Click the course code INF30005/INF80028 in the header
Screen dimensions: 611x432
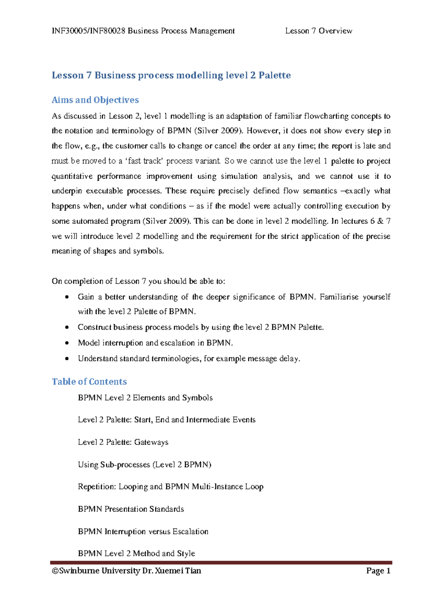[x=89, y=31]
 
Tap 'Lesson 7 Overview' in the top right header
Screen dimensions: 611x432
[x=319, y=31]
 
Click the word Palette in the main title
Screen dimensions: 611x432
[x=275, y=75]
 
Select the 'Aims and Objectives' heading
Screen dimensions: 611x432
[x=95, y=100]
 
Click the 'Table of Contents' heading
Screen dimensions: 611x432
[x=89, y=382]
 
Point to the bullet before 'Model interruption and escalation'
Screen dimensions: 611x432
[x=67, y=343]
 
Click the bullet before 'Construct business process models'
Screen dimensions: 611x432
[x=67, y=327]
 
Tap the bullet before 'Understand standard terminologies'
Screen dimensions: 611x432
[x=67, y=359]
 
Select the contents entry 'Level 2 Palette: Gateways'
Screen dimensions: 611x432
[x=123, y=442]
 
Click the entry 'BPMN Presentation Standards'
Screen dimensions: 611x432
[x=131, y=509]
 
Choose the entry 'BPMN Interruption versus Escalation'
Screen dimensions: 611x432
[x=143, y=531]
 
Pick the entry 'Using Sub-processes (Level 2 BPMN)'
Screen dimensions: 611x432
[x=144, y=464]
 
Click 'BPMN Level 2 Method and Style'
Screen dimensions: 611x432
[x=136, y=553]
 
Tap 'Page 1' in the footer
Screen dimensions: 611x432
[x=378, y=571]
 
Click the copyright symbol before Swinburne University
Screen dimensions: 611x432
[x=55, y=571]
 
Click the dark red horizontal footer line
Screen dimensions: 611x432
[x=221, y=562]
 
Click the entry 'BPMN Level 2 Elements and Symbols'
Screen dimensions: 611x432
[x=145, y=398]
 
